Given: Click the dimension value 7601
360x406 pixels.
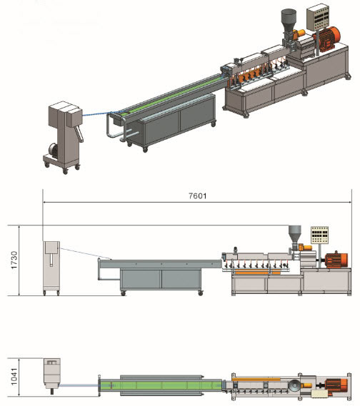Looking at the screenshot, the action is [197, 196].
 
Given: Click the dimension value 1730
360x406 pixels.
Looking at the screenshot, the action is [14, 260].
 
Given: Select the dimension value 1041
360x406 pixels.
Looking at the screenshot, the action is [14, 377].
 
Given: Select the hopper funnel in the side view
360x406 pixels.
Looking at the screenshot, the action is [295, 235].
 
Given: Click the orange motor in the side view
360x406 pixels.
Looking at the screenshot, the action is [336, 260].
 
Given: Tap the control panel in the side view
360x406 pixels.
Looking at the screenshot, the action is [319, 235].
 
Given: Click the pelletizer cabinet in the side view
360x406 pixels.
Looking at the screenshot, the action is [51, 268].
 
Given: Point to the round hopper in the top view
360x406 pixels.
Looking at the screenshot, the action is [295, 385].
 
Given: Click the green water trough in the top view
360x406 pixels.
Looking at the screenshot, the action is [161, 385].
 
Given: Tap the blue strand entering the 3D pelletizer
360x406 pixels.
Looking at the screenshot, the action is [96, 114].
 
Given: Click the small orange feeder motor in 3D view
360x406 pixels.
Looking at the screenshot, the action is [299, 33].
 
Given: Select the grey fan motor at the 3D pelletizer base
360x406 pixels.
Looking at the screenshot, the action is [53, 151].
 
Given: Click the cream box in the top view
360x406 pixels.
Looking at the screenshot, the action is [319, 394].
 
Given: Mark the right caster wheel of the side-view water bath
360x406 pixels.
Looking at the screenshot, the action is [200, 293].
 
